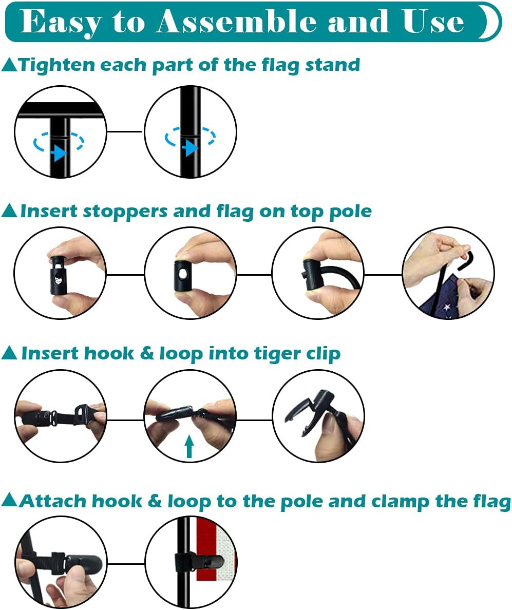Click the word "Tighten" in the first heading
[x=57, y=65]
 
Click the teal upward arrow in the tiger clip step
[x=189, y=446]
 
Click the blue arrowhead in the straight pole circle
[x=190, y=148]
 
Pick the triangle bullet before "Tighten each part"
[x=9, y=65]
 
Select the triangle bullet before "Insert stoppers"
[x=9, y=211]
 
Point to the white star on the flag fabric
[x=446, y=308]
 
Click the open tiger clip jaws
[x=308, y=412]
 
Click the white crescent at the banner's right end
[x=491, y=22]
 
